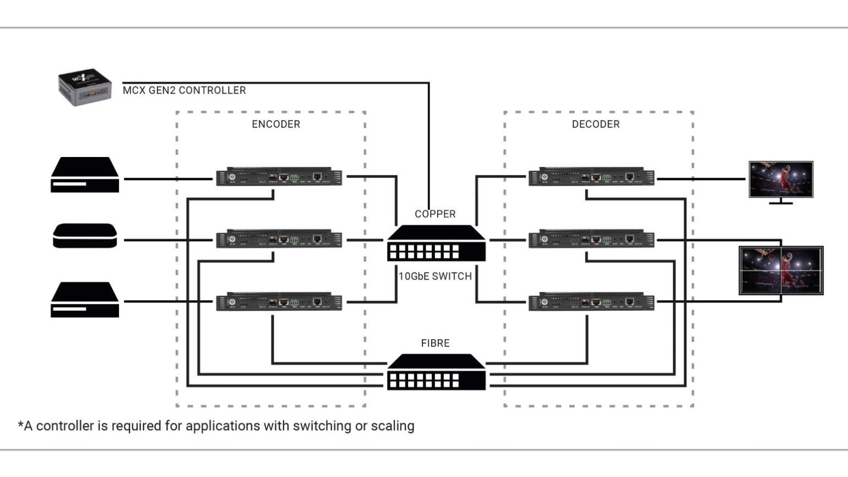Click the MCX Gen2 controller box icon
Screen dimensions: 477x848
85,87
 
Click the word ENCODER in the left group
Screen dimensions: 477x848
276,124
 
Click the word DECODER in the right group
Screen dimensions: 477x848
596,124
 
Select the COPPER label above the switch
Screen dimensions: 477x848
435,214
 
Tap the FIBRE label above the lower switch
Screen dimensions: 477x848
435,343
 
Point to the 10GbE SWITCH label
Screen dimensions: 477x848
435,277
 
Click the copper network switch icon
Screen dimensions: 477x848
436,243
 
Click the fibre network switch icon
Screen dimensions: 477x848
436,372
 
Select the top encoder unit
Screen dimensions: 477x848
279,177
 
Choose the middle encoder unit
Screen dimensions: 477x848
279,240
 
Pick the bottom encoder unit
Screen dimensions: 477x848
279,302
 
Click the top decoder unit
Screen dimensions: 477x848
591,177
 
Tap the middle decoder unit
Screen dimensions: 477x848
591,240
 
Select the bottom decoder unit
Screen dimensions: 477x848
591,302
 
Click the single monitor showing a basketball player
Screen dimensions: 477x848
781,180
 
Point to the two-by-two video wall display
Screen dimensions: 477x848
781,270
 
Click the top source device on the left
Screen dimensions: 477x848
85,175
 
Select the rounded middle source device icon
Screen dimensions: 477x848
85,236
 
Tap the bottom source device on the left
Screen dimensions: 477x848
85,300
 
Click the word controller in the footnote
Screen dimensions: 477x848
64,426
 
